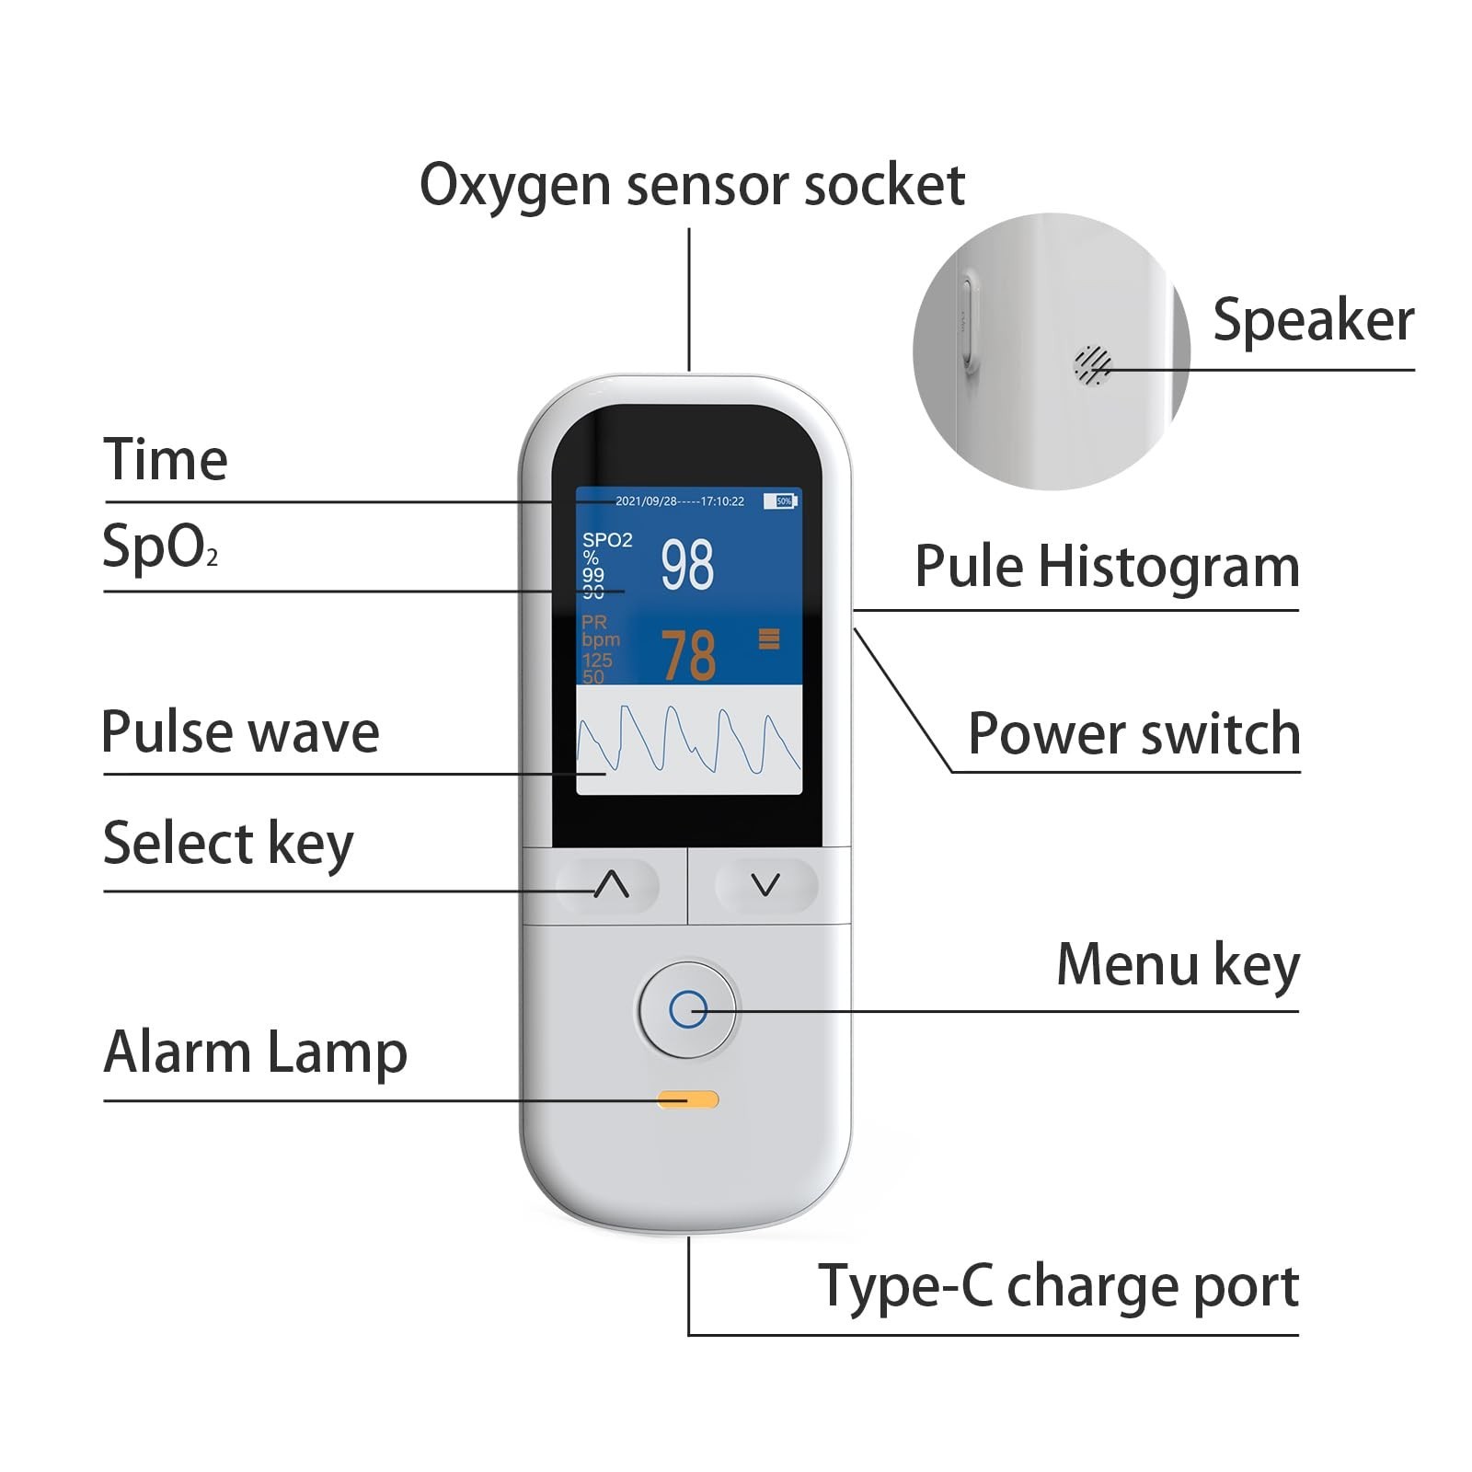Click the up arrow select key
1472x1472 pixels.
point(610,885)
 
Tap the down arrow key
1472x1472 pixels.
point(765,885)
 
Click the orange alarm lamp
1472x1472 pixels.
point(687,1099)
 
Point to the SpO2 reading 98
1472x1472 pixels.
point(687,564)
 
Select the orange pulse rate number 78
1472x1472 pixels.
point(688,655)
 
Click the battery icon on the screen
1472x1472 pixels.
point(783,501)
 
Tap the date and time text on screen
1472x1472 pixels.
point(679,501)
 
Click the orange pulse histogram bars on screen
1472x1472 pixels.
point(769,638)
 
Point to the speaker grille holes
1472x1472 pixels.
point(1092,365)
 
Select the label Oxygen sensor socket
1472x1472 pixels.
point(691,185)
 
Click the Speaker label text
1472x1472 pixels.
point(1313,320)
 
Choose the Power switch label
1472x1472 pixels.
point(1133,734)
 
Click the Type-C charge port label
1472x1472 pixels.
point(1058,1286)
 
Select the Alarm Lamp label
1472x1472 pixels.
point(255,1052)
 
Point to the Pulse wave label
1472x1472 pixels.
point(240,732)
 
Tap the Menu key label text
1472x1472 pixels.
point(1178,965)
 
